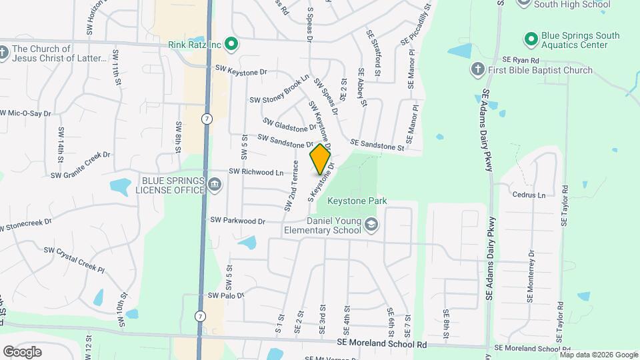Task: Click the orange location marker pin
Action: coord(320,159)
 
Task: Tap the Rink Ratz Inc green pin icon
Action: coord(231,45)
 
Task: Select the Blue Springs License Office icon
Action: coord(215,185)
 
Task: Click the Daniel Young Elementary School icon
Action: coord(371,226)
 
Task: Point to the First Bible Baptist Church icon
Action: coord(477,69)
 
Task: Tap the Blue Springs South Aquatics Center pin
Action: coord(531,39)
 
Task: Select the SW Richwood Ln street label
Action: coord(256,172)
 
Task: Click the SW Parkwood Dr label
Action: coord(237,220)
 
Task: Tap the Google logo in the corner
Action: coord(22,351)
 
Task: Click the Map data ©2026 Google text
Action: coord(599,354)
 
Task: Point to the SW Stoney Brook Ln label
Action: coord(279,89)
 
